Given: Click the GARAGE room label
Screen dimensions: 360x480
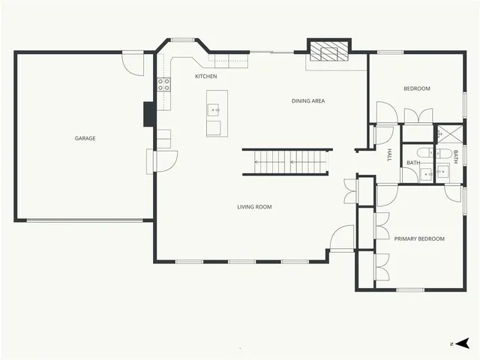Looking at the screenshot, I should click(x=85, y=138).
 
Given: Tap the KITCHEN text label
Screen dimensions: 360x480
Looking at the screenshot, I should click(x=206, y=76).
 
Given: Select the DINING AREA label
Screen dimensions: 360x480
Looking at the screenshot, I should click(x=308, y=100).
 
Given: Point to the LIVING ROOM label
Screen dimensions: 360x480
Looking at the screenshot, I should click(x=254, y=207).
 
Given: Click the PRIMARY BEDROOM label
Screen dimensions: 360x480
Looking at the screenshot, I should click(x=419, y=238).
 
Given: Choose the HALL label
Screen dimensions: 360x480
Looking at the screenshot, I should click(x=389, y=155).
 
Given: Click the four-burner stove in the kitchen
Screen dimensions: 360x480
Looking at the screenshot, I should click(x=163, y=84).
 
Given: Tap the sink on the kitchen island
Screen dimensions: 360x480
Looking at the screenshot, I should click(x=215, y=110).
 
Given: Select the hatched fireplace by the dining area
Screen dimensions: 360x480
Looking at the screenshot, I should click(x=327, y=52).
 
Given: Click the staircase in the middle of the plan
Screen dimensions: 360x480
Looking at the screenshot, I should click(x=286, y=161).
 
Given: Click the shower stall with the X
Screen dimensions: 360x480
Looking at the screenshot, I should click(x=448, y=133).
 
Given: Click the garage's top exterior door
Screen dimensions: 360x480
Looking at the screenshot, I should click(x=133, y=62).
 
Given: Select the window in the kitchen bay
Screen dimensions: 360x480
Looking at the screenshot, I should click(x=182, y=40).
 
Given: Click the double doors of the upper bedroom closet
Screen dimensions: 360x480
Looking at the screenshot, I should click(x=417, y=115).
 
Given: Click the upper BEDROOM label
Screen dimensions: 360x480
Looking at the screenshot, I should click(x=417, y=88).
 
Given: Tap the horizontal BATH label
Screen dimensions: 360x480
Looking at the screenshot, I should click(x=413, y=163).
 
